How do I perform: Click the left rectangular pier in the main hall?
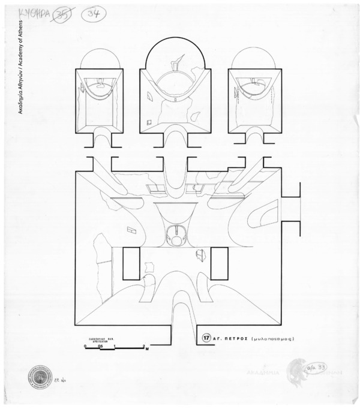pyautogui.click(x=131, y=263)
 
